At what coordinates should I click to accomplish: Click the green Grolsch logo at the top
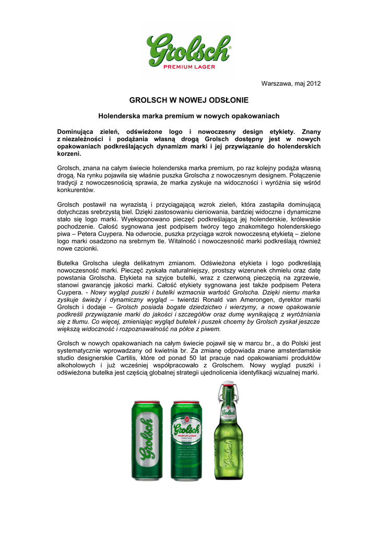coord(188,48)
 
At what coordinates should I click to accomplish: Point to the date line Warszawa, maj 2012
coord(291,84)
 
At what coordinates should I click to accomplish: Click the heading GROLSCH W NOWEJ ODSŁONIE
coord(189,100)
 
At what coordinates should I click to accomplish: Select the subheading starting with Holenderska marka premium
coord(189,115)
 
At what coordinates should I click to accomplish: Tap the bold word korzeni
coord(68,154)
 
